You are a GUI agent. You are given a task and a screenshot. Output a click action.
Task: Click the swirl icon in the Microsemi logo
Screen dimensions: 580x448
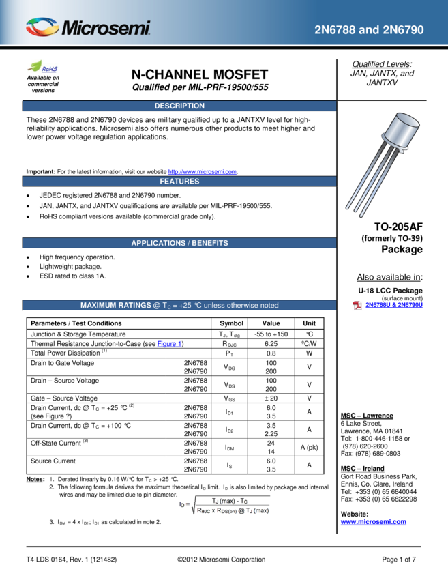point(42,27)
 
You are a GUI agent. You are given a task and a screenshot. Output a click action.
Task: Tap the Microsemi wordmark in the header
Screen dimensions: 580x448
point(106,28)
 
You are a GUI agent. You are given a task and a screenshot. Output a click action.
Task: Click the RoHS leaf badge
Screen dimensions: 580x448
point(43,67)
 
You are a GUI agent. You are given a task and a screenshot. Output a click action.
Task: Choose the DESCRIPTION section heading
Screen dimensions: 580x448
point(179,106)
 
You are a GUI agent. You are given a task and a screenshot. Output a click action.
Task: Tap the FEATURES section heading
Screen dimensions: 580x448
point(179,182)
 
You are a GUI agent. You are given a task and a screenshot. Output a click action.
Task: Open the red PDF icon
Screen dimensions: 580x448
point(357,305)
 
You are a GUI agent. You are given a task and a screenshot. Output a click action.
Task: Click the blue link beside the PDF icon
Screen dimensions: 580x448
point(395,305)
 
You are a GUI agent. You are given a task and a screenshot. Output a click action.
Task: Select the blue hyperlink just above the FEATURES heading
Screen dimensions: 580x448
point(202,172)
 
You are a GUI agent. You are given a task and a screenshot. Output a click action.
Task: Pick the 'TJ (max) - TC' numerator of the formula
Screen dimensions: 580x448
point(230,500)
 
